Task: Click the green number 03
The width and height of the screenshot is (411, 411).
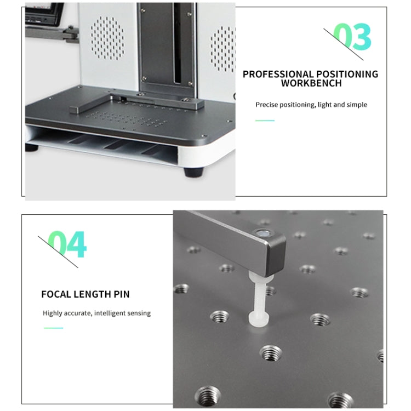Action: tap(352, 37)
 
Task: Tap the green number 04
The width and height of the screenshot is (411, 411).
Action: tap(67, 244)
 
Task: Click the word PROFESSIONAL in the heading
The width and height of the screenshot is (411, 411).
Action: tap(278, 74)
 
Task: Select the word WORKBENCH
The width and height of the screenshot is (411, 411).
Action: tap(311, 83)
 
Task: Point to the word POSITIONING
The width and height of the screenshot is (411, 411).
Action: tap(347, 74)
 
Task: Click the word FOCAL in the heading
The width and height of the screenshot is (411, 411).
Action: tap(56, 294)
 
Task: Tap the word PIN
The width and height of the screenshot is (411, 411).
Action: tap(122, 294)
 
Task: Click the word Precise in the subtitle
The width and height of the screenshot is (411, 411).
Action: tap(266, 105)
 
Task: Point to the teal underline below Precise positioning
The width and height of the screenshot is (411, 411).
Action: tap(265, 121)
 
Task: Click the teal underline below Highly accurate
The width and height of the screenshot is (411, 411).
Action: tap(54, 328)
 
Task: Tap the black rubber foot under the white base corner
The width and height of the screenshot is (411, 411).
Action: tap(194, 172)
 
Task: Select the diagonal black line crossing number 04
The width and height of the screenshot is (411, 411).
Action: tap(58, 252)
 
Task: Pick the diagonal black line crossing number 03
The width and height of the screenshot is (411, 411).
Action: tap(344, 44)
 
